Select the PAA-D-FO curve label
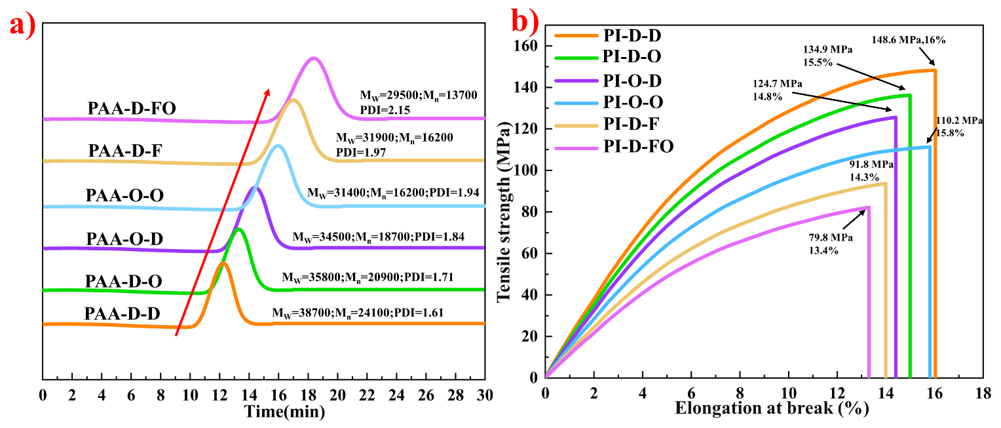(132, 109)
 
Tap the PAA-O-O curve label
(124, 196)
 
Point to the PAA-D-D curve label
(122, 314)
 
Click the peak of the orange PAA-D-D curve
(223, 263)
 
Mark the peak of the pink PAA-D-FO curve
(314, 58)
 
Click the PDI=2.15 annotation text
(384, 110)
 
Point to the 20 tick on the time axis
(338, 395)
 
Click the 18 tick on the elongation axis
(982, 393)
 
